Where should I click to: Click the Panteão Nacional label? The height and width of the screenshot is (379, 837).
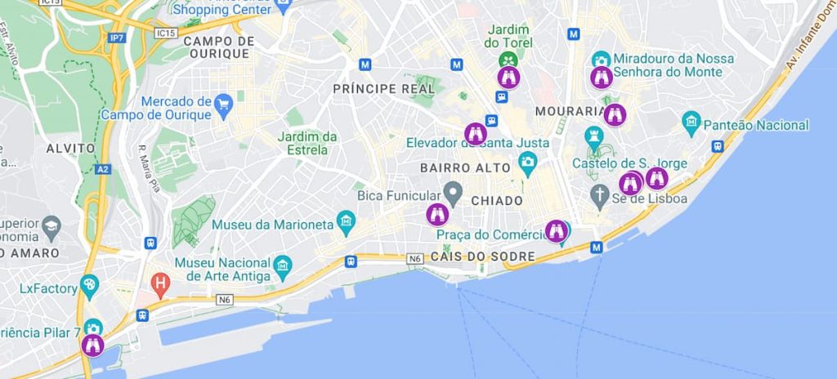click(x=757, y=125)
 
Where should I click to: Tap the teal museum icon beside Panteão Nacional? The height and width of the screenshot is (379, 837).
click(x=692, y=124)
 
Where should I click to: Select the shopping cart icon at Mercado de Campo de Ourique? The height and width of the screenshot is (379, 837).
click(x=223, y=103)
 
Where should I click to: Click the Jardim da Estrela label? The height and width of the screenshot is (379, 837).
click(x=307, y=143)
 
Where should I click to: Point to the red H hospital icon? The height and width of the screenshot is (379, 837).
click(x=161, y=286)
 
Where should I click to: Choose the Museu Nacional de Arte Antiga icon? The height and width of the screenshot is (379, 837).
click(x=283, y=265)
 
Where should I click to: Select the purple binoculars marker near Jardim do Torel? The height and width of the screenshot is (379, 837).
click(x=508, y=78)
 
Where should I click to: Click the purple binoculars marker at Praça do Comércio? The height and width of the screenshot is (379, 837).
click(x=557, y=231)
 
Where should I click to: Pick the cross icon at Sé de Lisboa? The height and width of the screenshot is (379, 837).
click(x=601, y=194)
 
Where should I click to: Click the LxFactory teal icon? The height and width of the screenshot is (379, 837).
click(x=90, y=286)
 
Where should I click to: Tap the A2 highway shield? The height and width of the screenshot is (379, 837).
click(x=101, y=169)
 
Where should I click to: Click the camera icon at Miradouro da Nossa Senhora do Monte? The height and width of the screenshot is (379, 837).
click(x=601, y=60)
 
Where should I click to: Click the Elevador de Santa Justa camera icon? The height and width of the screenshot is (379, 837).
click(x=527, y=161)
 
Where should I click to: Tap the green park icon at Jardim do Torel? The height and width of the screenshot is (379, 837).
click(x=508, y=60)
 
